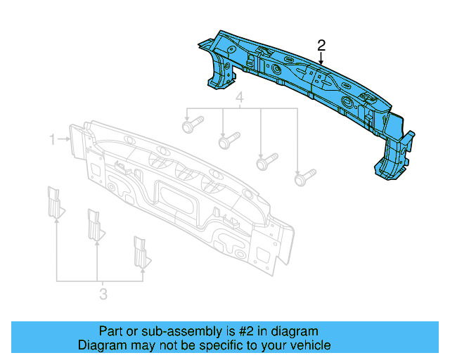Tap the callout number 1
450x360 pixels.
point(52,141)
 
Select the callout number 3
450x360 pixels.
point(103,294)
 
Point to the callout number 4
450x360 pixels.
point(239,97)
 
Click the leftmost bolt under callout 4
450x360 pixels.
point(191,127)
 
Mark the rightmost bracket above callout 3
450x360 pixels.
point(141,252)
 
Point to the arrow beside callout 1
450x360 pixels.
point(65,141)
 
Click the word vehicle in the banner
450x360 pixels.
point(308,345)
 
